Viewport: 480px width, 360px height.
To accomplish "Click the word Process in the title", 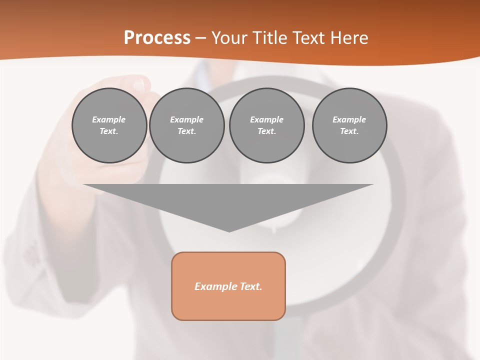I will coord(157,38).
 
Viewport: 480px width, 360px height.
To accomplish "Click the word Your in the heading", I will coord(230,38).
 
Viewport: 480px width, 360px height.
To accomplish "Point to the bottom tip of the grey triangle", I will coord(229,231).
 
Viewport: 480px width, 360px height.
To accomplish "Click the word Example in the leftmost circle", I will coord(109,119).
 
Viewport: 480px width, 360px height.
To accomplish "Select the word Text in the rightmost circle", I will coord(349,131).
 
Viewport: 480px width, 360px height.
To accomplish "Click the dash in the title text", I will coord(200,38).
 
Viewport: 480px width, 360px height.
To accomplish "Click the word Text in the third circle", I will coord(266,131).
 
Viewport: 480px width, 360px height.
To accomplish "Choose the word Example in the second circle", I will coord(187,119).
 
